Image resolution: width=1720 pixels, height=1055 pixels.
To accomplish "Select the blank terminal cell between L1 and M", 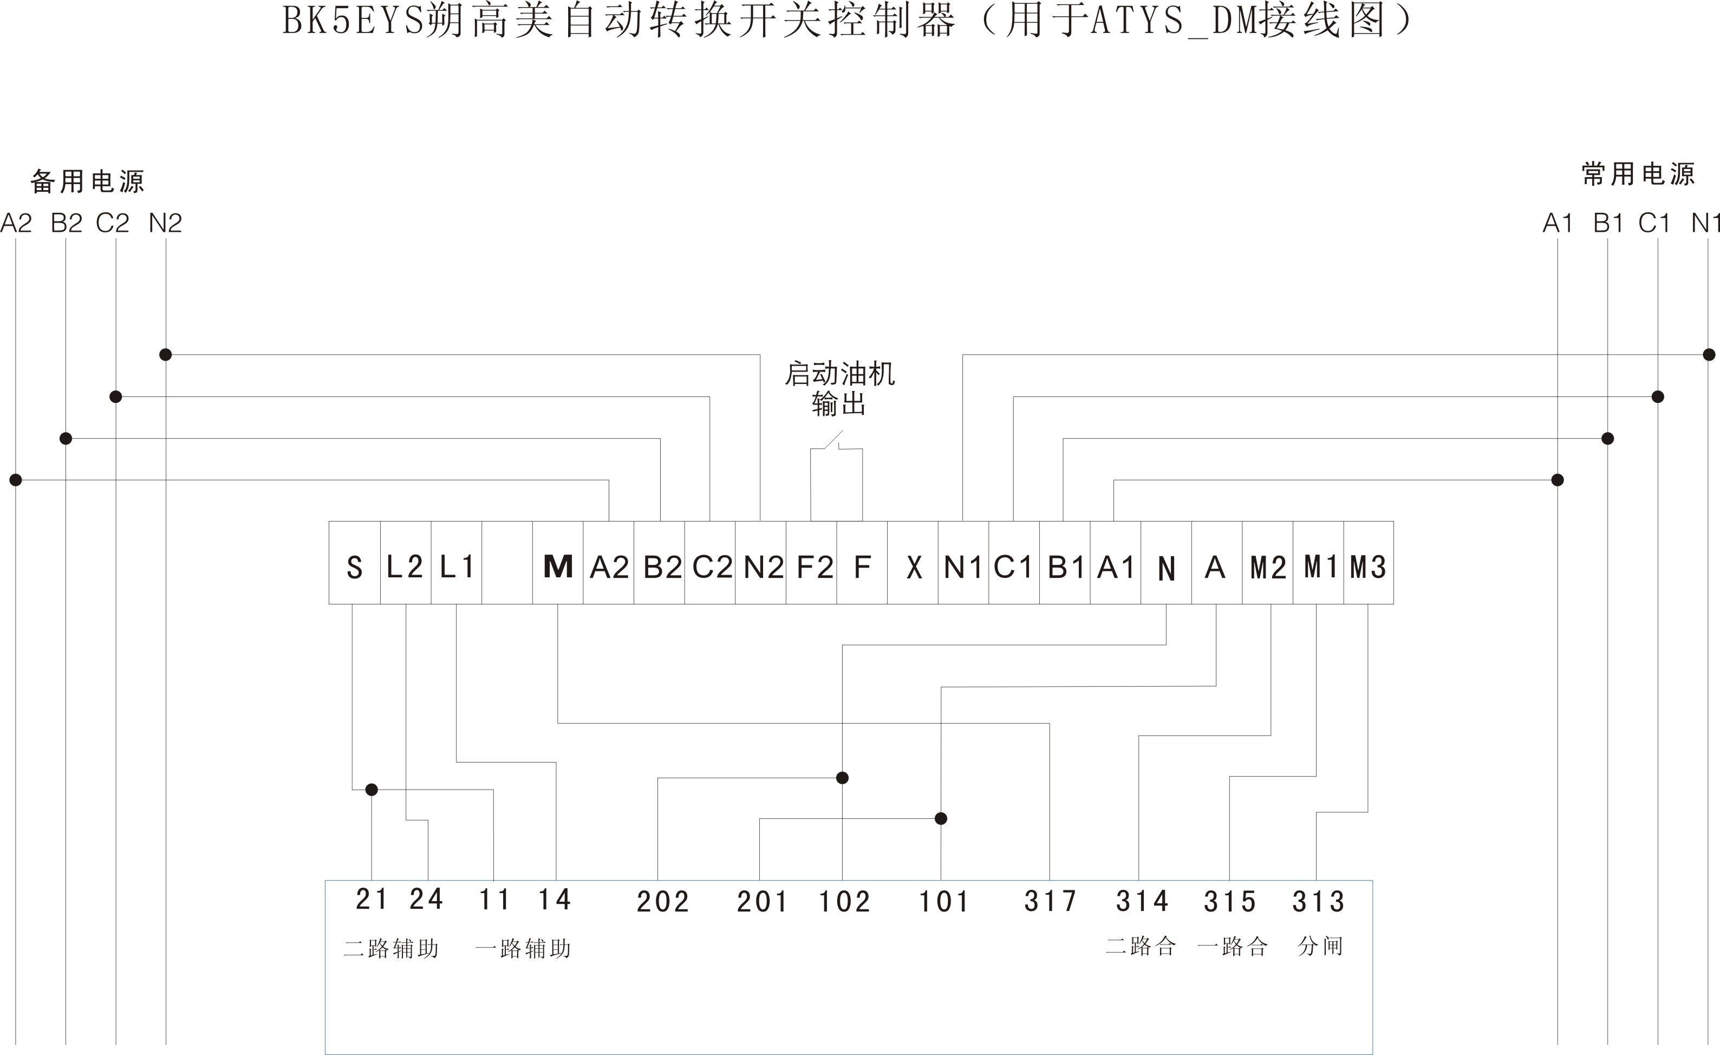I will coord(507,563).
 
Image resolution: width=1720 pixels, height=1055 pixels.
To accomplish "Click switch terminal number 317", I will coord(1050,901).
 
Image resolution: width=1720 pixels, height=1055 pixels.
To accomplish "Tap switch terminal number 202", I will coord(662,901).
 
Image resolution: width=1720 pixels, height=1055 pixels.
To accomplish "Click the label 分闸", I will coord(1320,946).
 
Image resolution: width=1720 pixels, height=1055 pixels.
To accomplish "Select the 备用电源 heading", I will coord(87,181).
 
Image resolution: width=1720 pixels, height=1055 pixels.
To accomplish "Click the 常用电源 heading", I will coord(1638,174).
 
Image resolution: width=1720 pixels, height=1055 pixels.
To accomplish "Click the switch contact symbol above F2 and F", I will coord(836,442).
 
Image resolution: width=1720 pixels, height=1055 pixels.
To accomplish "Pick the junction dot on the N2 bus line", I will coord(165,355).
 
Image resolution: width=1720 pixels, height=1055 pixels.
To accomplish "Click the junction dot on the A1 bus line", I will coord(1558,480).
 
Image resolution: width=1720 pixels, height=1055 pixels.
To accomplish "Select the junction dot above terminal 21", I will coord(372,790).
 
